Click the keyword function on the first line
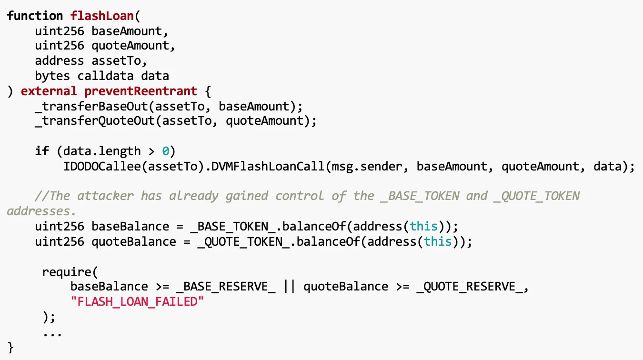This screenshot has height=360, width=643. pyautogui.click(x=35, y=15)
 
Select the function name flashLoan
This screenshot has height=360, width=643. pyautogui.click(x=102, y=15)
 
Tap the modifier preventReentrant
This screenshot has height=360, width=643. pyautogui.click(x=141, y=91)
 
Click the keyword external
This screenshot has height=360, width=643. pyautogui.click(x=49, y=91)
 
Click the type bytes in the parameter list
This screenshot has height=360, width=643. pyautogui.click(x=52, y=76)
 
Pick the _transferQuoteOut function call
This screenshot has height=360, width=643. pyautogui.click(x=94, y=121)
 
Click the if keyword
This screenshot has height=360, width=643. pyautogui.click(x=42, y=151)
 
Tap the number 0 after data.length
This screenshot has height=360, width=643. pyautogui.click(x=166, y=151)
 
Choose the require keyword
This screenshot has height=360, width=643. pyautogui.click(x=66, y=272)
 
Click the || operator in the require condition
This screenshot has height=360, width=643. pyautogui.click(x=289, y=287)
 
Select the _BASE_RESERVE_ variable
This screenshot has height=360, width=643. pyautogui.click(x=225, y=287)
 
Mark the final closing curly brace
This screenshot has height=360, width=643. pyautogui.click(x=11, y=347)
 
